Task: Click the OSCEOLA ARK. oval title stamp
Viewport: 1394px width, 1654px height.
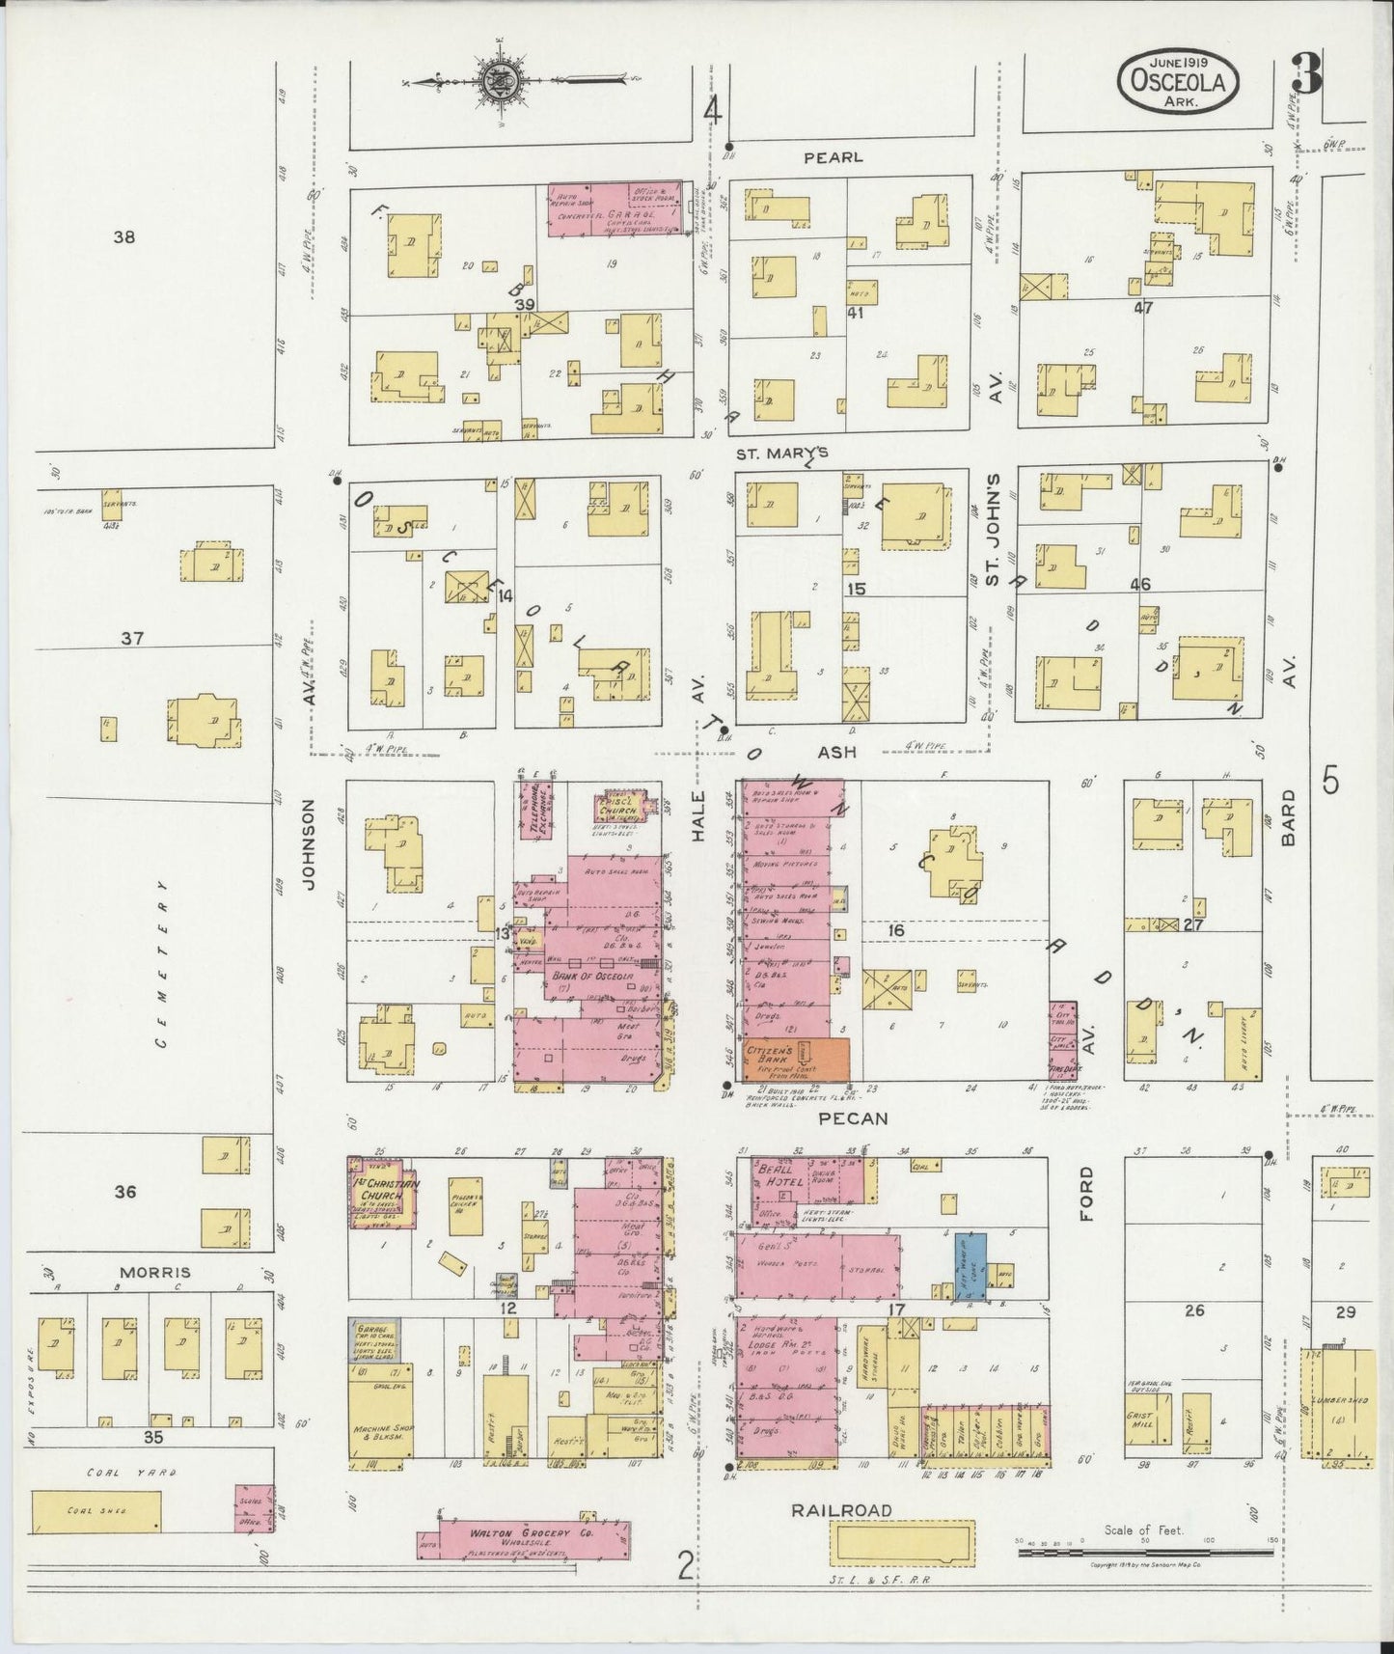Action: (1178, 82)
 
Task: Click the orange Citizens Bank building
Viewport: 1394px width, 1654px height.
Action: (798, 1060)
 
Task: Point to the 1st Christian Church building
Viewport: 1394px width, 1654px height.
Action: (382, 1191)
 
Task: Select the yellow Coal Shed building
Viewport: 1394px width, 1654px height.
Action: (97, 1510)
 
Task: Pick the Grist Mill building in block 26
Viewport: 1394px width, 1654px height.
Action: (1144, 1422)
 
